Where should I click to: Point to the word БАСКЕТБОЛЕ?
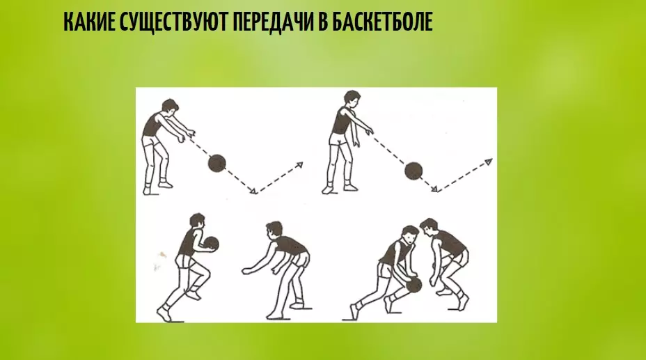click(x=386, y=23)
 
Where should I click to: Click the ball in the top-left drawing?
click(x=217, y=164)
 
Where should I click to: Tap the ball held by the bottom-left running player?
click(x=211, y=244)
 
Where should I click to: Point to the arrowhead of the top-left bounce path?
click(x=301, y=164)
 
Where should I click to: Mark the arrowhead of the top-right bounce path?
click(x=489, y=162)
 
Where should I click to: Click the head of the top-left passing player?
click(x=170, y=107)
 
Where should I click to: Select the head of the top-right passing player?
click(x=349, y=99)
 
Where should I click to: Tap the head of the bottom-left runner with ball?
click(x=198, y=221)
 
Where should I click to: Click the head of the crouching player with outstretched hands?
click(x=274, y=230)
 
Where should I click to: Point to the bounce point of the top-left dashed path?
click(x=257, y=192)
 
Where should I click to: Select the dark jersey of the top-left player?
click(x=152, y=126)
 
